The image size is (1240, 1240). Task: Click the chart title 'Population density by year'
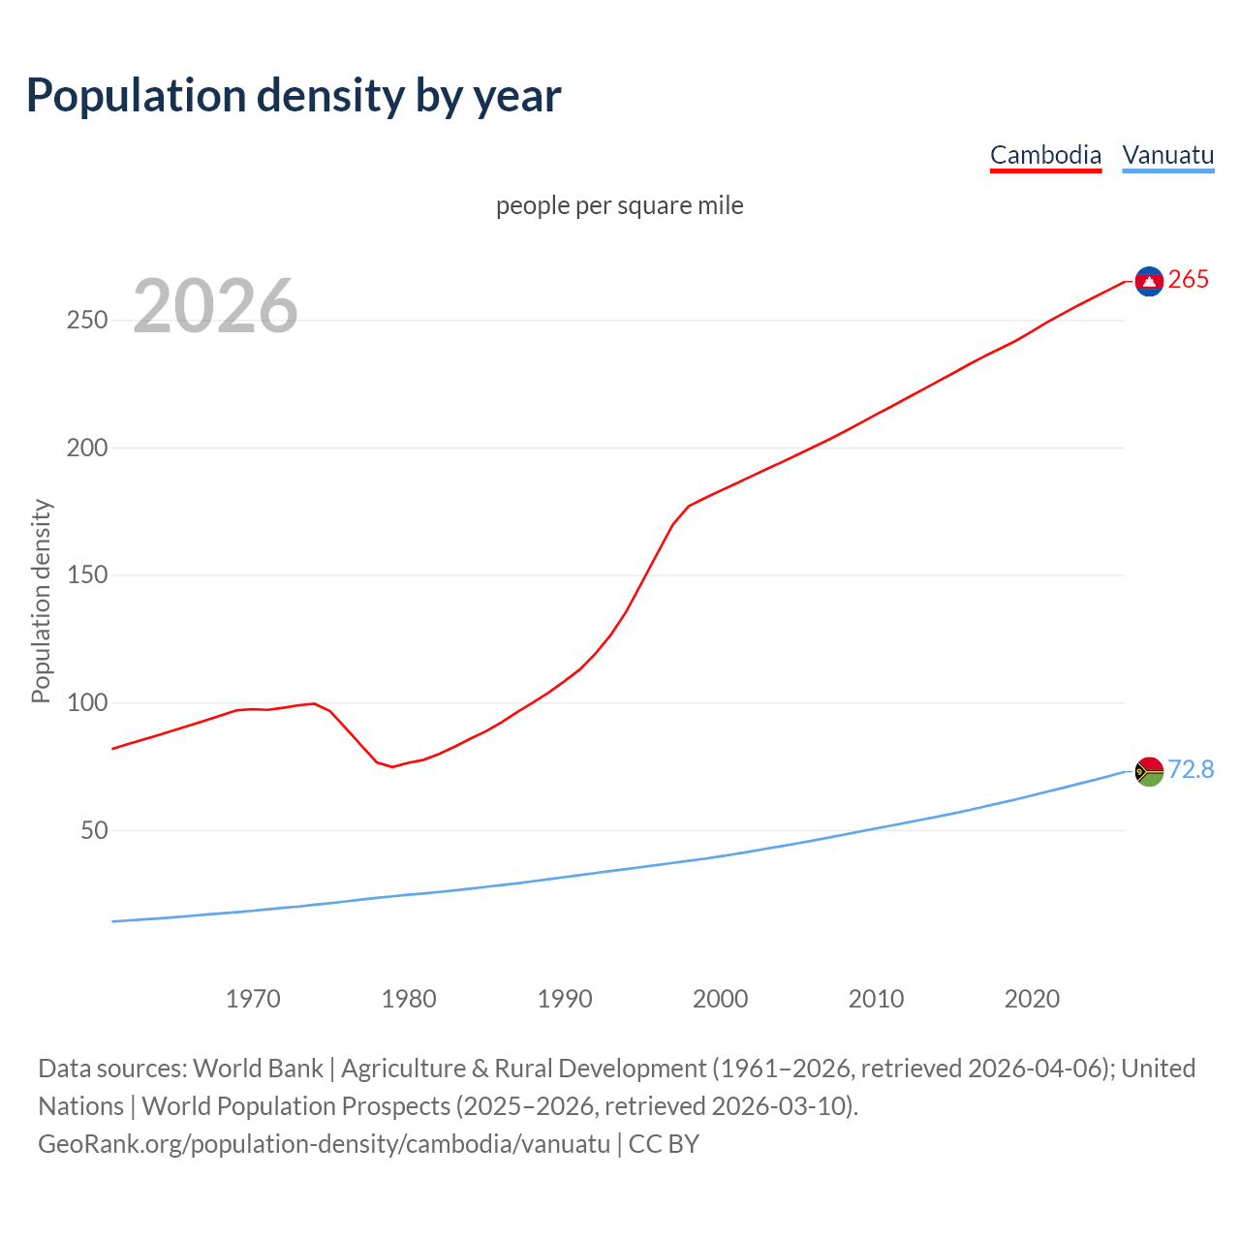point(294,96)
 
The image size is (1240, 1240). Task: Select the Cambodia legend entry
point(1045,155)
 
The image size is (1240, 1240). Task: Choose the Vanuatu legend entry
point(1167,155)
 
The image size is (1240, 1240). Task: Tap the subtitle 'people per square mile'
point(620,205)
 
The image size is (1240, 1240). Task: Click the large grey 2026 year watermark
point(215,306)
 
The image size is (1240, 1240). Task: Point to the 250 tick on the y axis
point(87,321)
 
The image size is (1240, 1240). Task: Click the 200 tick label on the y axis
point(87,449)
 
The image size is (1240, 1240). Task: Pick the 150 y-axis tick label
point(87,575)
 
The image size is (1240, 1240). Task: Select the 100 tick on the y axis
point(87,703)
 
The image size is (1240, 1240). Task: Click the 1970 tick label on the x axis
point(253,999)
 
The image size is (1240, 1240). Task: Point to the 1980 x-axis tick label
point(409,999)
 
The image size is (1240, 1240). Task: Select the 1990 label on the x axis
point(565,999)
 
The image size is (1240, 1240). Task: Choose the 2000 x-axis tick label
point(720,999)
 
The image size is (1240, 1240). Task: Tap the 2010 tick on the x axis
point(876,999)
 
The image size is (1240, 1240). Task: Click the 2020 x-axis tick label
point(1032,999)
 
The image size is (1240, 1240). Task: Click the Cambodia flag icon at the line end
point(1149,281)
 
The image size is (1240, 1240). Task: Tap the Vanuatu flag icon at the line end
point(1149,771)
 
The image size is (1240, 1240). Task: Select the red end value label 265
point(1189,280)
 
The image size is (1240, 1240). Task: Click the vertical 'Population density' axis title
point(41,601)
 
